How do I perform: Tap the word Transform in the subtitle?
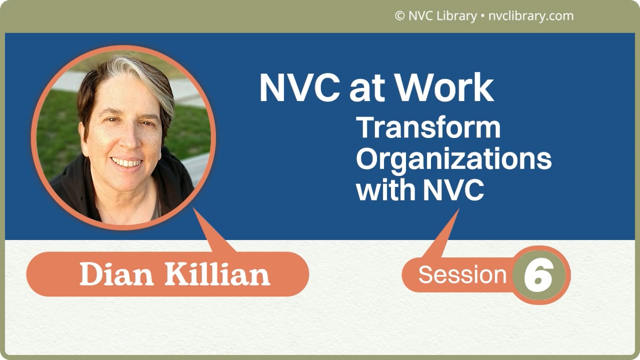[x=428, y=128]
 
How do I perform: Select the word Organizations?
[x=453, y=159]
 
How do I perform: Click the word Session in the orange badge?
[x=462, y=275]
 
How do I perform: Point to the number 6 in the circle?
[x=538, y=275]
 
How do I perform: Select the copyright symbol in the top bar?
[x=399, y=16]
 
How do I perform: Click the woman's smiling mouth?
[x=126, y=162]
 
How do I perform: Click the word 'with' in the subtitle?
[x=386, y=190]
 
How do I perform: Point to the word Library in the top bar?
[x=456, y=16]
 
